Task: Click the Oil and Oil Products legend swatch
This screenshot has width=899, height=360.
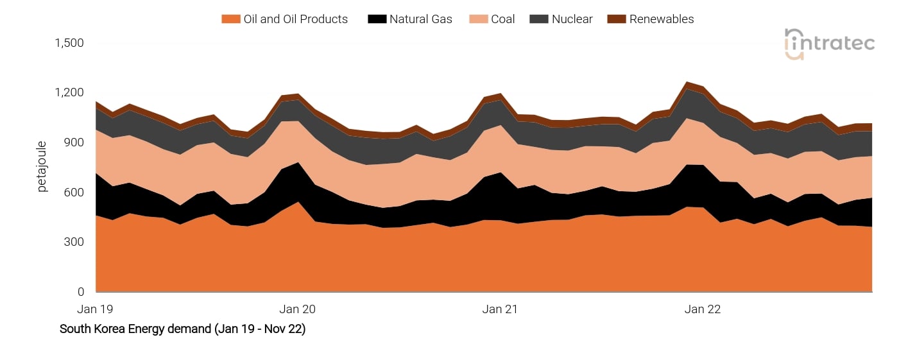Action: [230, 19]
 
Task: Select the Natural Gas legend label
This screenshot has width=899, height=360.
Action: [420, 19]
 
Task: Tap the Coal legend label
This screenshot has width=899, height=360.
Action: [502, 19]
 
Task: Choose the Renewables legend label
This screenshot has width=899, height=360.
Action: [662, 19]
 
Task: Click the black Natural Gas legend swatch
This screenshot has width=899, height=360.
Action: [377, 19]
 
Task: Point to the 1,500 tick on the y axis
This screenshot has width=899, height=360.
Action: [69, 43]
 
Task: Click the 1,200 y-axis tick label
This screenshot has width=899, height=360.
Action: [69, 93]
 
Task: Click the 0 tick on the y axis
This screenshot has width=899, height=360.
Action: [80, 292]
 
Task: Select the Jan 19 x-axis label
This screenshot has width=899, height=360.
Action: [96, 309]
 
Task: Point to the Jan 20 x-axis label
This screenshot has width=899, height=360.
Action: [298, 309]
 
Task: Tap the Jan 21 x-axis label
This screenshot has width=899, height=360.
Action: [500, 309]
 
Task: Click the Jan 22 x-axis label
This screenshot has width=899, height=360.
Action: [703, 309]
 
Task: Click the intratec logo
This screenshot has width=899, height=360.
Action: [829, 44]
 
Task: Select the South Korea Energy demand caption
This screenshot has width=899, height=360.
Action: [182, 329]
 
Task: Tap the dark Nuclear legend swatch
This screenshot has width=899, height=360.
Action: [537, 19]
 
